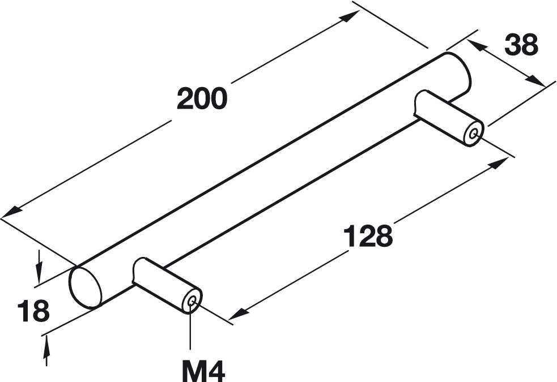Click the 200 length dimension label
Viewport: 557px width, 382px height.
202,98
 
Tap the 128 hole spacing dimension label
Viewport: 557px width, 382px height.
368,235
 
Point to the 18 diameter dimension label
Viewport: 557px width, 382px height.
33,312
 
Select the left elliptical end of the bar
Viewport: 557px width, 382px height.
86,286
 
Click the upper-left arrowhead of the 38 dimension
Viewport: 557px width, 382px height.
477,47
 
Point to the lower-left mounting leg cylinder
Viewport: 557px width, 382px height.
164,283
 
